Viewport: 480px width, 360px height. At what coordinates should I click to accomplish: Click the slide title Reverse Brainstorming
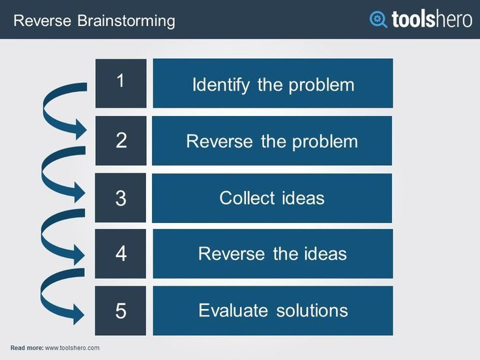pyautogui.click(x=94, y=21)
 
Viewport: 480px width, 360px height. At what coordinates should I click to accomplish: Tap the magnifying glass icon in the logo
pyautogui.click(x=378, y=19)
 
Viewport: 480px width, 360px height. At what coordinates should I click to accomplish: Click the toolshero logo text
pyautogui.click(x=431, y=19)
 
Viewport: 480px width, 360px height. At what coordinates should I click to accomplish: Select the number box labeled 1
pyautogui.click(x=121, y=83)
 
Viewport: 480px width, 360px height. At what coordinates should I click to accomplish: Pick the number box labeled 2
pyautogui.click(x=121, y=140)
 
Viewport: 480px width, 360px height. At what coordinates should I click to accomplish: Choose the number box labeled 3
pyautogui.click(x=121, y=198)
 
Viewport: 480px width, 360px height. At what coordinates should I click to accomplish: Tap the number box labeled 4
pyautogui.click(x=121, y=254)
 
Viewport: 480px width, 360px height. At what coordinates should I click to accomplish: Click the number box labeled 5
pyautogui.click(x=121, y=310)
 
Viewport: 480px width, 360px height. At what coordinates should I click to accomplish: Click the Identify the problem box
pyautogui.click(x=273, y=83)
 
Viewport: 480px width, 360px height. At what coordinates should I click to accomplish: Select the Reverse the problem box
pyautogui.click(x=273, y=141)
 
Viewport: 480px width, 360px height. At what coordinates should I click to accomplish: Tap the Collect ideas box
pyautogui.click(x=273, y=198)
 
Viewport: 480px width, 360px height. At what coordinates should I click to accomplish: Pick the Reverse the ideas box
pyautogui.click(x=273, y=254)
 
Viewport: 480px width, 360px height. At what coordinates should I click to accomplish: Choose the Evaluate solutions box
pyautogui.click(x=273, y=310)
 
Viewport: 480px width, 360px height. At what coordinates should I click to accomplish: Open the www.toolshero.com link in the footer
pyautogui.click(x=72, y=348)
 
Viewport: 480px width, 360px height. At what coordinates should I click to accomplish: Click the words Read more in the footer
pyautogui.click(x=27, y=348)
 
